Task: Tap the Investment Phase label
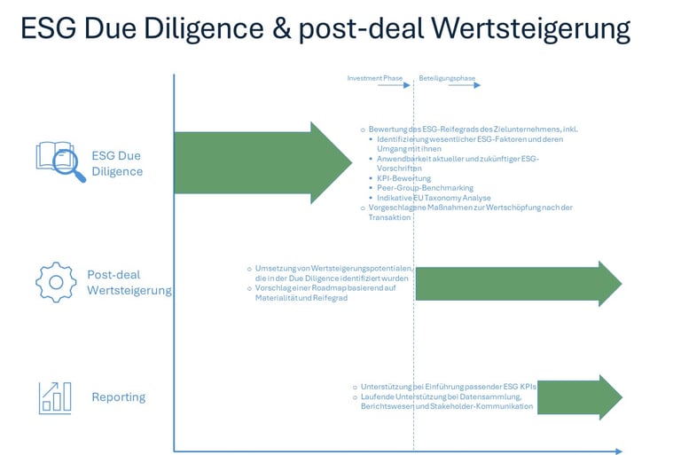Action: pos(374,78)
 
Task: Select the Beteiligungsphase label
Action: pos(447,78)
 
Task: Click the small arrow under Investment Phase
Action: pos(390,87)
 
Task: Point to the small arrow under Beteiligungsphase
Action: pos(463,87)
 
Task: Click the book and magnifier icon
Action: pos(60,161)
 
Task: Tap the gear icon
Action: pos(55,282)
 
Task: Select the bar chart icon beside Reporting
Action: pos(55,396)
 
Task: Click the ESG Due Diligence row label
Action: pos(117,163)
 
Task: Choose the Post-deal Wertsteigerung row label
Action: pos(129,282)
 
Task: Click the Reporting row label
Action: pos(118,396)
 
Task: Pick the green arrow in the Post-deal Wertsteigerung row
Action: pos(519,284)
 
